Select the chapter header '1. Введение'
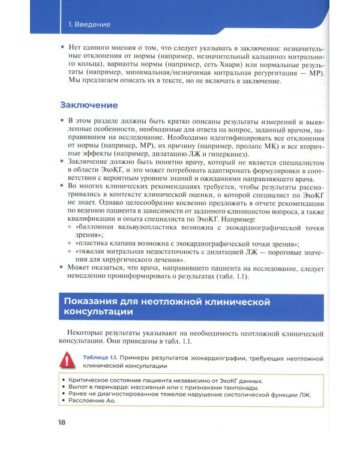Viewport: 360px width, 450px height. tap(89, 25)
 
